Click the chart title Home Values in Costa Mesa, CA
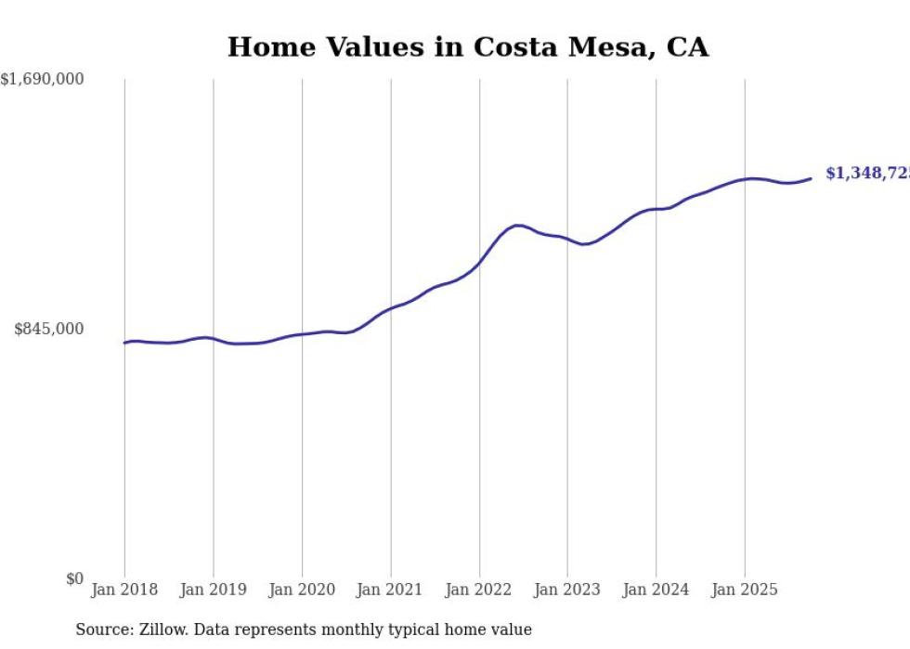[x=467, y=47]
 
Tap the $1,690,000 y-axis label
[x=43, y=80]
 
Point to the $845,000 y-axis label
[x=48, y=329]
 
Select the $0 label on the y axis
[x=74, y=578]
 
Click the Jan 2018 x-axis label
[x=124, y=590]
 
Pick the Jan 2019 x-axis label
[x=213, y=590]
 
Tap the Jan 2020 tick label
[x=302, y=590]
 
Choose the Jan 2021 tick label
[x=390, y=590]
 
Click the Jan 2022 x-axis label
[x=479, y=590]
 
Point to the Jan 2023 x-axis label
[x=567, y=590]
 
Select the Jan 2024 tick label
[x=656, y=590]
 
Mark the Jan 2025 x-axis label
[x=745, y=590]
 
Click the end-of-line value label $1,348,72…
[x=866, y=174]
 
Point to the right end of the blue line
[x=811, y=178]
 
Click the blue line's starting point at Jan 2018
[x=124, y=343]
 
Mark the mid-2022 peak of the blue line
[x=518, y=225]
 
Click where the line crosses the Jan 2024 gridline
[x=656, y=209]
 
